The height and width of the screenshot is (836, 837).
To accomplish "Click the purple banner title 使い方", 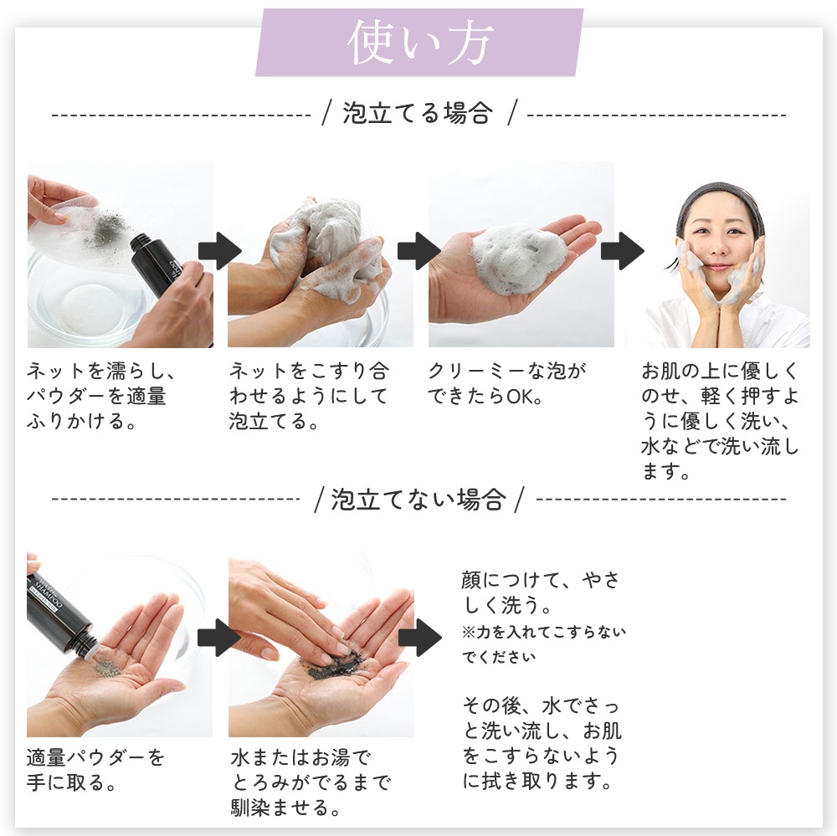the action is coord(419,43).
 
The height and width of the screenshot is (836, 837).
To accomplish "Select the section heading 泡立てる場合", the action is coord(417,113).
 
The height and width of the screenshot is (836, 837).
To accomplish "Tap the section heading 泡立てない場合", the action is coord(418,499).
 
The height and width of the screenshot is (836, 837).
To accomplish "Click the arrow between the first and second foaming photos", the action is coord(220,251).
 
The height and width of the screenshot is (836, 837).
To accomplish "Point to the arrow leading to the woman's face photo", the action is coord(623,251).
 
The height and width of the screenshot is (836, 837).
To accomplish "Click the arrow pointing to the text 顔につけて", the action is coord(421,638).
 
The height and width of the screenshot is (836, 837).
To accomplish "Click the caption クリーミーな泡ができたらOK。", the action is coord(507,384).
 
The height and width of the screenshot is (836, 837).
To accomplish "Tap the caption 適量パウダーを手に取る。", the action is coord(96,770).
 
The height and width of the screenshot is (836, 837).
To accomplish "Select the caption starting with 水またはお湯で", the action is coord(311,782).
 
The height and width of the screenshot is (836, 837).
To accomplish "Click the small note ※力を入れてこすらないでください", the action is coord(543,644).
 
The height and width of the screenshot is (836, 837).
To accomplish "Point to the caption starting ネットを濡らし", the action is coord(101,396).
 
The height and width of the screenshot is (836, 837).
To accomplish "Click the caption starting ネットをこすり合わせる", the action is coord(310,396).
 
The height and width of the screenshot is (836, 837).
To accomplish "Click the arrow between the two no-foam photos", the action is coord(219,638).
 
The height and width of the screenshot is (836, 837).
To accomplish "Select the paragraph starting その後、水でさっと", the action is coord(542,743).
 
